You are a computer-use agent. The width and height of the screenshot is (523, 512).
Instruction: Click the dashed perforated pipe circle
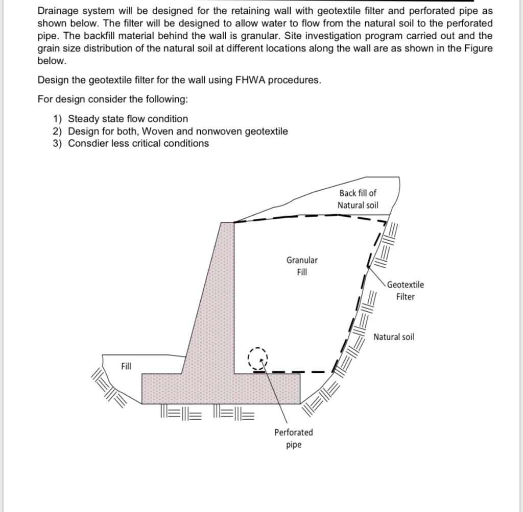point(257,359)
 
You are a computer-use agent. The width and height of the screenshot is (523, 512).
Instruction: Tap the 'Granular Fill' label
point(302,266)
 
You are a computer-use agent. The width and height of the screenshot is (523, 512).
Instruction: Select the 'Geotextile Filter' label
point(405,291)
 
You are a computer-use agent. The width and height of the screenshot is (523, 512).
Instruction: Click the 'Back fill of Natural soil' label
point(358,199)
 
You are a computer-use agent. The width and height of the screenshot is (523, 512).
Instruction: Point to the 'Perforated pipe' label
point(294,438)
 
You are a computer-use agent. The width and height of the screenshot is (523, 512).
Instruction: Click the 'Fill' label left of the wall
point(126,366)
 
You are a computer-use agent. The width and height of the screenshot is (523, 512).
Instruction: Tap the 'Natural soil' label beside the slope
point(394,337)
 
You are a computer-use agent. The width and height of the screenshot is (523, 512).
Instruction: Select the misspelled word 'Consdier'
point(88,143)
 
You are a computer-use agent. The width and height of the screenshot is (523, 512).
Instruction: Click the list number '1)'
point(58,119)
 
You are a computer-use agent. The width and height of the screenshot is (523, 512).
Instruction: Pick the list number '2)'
point(58,131)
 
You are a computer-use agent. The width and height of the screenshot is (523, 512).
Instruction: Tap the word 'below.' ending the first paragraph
point(52,61)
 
